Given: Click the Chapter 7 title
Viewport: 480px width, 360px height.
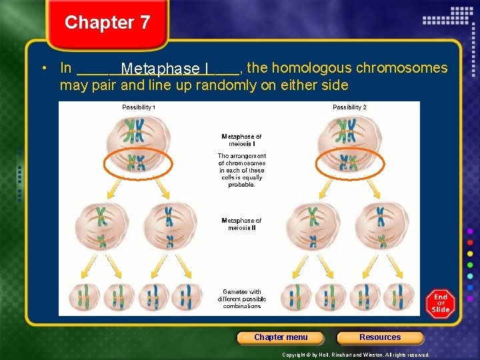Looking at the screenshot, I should [x=107, y=23].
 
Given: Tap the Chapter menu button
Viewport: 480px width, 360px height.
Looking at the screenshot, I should [x=281, y=337].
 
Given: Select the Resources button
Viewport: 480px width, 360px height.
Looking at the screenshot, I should [x=380, y=337].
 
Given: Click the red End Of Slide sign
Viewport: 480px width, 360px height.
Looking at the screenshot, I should [x=441, y=303].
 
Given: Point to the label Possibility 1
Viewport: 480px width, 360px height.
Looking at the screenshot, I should [x=139, y=107].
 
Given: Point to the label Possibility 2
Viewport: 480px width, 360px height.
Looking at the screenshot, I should [x=349, y=107].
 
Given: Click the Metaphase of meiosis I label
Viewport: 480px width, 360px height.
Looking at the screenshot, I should [x=241, y=140].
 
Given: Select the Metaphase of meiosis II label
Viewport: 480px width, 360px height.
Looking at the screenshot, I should [x=241, y=224].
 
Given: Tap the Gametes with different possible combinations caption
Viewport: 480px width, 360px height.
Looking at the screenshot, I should [x=241, y=299].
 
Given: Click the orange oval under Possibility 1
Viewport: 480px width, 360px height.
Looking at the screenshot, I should [x=139, y=163].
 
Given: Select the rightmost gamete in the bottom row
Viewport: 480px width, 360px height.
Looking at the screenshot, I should [x=402, y=297].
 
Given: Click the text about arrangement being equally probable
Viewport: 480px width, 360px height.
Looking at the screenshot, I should [x=241, y=170].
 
